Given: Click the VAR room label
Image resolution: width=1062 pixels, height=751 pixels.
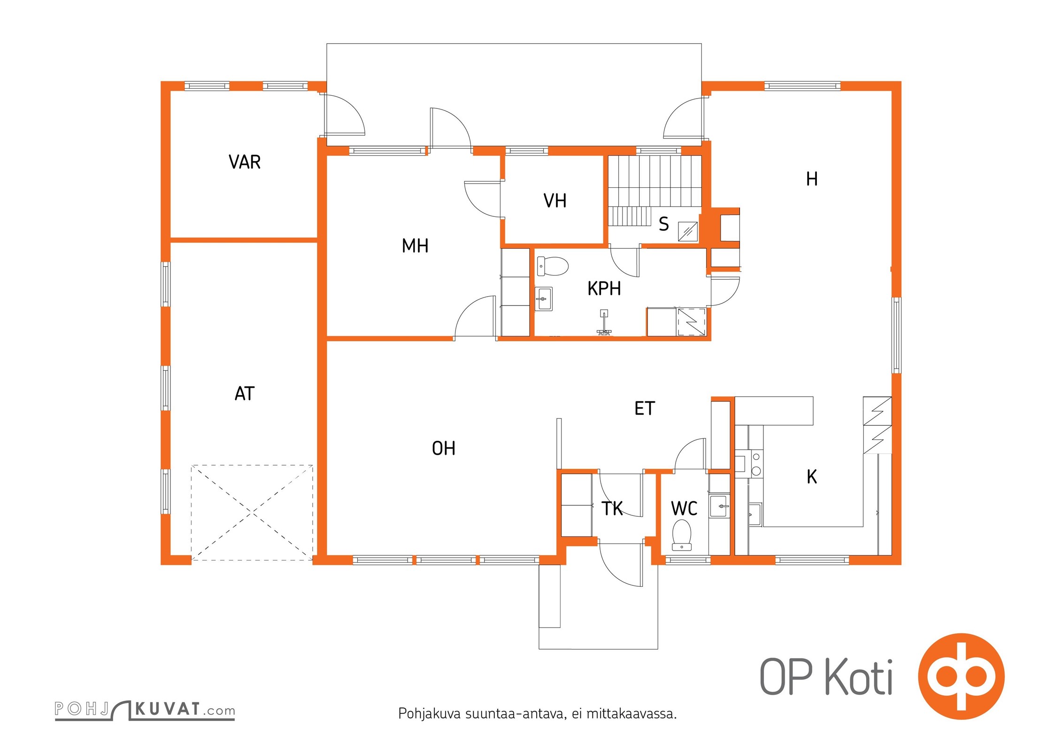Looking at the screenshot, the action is (245, 162).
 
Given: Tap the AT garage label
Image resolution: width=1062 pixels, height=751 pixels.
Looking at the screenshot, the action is (245, 393).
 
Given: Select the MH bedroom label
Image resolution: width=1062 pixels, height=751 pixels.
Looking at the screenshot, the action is (415, 246).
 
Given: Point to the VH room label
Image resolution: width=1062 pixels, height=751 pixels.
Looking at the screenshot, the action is (555, 201).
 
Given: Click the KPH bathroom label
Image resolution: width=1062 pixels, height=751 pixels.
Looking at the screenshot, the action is (604, 289).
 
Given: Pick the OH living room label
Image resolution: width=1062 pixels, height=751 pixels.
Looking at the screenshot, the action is (444, 448).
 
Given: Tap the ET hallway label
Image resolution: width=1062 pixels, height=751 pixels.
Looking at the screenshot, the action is (645, 408).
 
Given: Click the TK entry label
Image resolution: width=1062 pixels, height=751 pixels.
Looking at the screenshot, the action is (612, 508).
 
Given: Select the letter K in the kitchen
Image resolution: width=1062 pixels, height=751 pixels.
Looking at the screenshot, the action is (812, 476).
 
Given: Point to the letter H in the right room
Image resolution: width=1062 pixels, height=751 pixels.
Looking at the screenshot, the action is (812, 179).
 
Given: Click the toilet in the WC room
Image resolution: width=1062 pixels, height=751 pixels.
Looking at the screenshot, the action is (682, 535).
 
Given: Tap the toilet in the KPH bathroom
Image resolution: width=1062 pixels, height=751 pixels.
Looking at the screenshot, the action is (553, 266).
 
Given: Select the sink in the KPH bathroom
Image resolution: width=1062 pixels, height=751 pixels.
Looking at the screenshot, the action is (544, 299).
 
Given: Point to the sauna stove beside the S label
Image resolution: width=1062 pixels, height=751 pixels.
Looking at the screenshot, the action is (688, 231).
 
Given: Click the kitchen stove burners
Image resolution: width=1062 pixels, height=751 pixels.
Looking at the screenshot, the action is (756, 464).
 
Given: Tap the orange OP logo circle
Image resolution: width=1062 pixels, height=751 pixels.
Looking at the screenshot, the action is (962, 676).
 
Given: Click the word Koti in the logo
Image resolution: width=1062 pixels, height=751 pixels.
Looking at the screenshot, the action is (859, 677).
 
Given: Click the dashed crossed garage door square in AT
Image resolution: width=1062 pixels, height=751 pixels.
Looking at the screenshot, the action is (252, 513).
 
